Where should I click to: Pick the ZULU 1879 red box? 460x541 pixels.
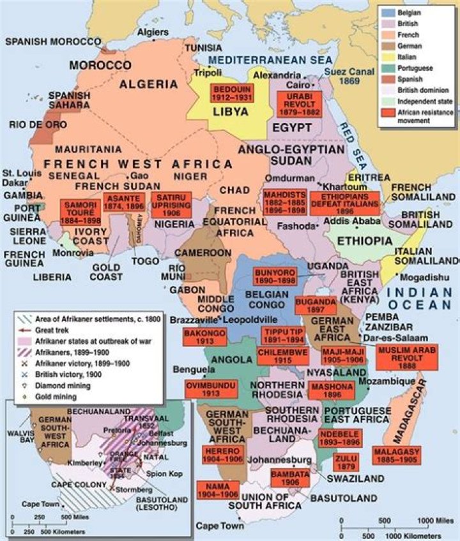[x=346, y=461]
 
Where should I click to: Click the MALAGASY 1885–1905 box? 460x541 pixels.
[x=396, y=455]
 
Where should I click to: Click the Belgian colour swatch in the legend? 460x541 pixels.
[x=387, y=12]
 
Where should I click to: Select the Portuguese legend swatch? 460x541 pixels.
[x=387, y=68]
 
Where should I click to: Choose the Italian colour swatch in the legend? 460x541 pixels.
[x=387, y=57]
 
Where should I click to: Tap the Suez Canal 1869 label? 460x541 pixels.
[x=348, y=77]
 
